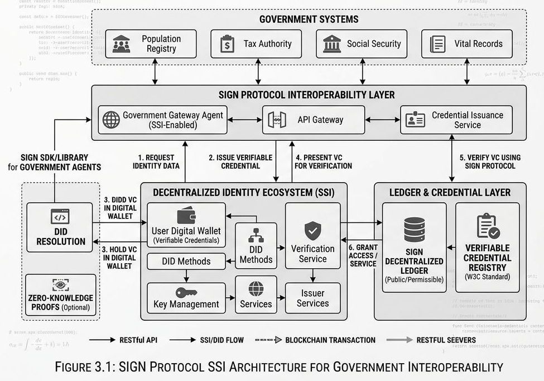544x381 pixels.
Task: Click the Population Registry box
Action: point(151,44)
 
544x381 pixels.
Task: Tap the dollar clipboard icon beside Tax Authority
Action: point(227,44)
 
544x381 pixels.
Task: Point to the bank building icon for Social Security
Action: point(332,44)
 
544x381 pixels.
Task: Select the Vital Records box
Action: point(466,44)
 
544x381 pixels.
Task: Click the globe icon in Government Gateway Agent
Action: point(111,120)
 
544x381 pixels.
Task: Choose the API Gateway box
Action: point(314,120)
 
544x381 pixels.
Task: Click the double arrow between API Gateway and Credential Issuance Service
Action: point(382,120)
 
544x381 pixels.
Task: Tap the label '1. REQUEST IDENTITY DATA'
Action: point(156,161)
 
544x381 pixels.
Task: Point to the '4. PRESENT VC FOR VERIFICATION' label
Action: point(323,161)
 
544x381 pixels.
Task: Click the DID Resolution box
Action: point(60,227)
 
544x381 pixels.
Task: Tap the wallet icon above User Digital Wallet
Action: point(186,216)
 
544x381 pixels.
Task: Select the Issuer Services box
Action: point(312,298)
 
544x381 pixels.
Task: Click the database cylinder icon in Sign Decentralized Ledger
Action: point(414,229)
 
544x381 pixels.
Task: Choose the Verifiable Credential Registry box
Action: point(487,247)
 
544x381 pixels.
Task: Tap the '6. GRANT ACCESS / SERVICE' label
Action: point(363,255)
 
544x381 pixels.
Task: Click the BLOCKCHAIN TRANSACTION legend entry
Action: point(315,340)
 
